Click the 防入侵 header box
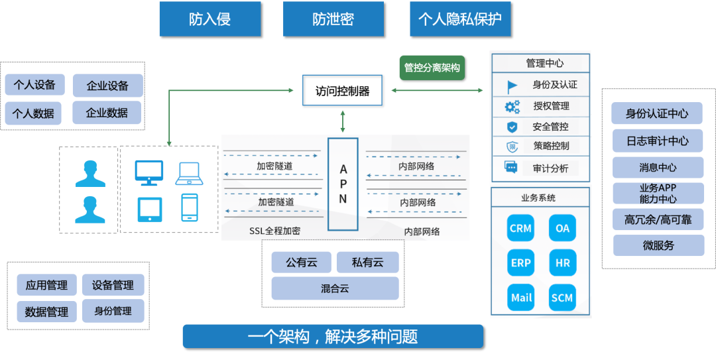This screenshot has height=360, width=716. tap(209, 19)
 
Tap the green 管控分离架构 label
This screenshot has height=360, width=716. tap(432, 68)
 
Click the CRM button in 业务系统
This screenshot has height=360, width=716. tap(520, 228)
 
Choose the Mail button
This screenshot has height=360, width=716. tap(521, 298)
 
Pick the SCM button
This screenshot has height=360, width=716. tap(562, 298)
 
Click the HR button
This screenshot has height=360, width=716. tap(562, 263)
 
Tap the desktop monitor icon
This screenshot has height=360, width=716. tap(149, 172)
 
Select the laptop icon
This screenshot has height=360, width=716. tap(190, 173)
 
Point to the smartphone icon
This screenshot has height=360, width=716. tap(190, 208)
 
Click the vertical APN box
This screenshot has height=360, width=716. tap(343, 184)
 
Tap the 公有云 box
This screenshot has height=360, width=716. tap(302, 263)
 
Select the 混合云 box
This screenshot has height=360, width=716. tap(335, 288)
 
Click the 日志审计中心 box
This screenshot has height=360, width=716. tap(658, 141)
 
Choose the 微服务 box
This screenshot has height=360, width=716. tap(658, 245)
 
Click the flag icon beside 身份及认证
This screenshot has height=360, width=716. tap(512, 86)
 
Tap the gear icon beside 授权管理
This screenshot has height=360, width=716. tap(512, 107)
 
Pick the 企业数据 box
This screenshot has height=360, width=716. tap(107, 113)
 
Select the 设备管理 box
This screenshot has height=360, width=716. tap(113, 285)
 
